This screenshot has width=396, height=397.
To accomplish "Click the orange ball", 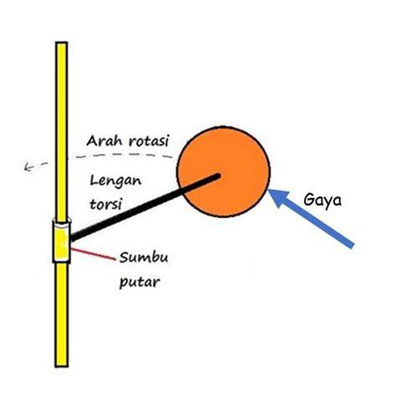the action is click(223, 172).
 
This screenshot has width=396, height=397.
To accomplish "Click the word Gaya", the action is click(322, 200).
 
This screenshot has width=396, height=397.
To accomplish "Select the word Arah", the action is click(104, 141).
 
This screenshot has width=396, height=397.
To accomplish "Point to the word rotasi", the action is click(149, 141).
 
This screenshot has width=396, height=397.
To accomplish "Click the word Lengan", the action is click(116, 181).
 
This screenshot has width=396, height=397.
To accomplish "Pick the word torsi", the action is click(106, 204).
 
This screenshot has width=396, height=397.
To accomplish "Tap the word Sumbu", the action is click(144, 257).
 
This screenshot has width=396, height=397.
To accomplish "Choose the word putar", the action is click(140, 282).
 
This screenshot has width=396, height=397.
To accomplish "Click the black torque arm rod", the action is click(145, 207).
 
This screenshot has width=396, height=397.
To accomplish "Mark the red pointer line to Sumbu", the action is click(93, 255).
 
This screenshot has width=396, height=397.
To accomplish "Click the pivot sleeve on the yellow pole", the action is click(62, 242).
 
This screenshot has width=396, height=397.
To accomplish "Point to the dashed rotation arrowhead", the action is click(28, 167).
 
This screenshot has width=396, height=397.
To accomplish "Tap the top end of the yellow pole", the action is click(62, 43).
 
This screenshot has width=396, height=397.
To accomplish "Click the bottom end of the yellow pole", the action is click(62, 366).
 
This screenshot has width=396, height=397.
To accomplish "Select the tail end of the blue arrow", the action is click(352, 245).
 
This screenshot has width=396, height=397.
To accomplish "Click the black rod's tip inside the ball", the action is click(218, 176).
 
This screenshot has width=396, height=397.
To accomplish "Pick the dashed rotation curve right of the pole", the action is click(121, 155).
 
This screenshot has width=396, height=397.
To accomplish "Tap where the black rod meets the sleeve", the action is click(72, 237).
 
